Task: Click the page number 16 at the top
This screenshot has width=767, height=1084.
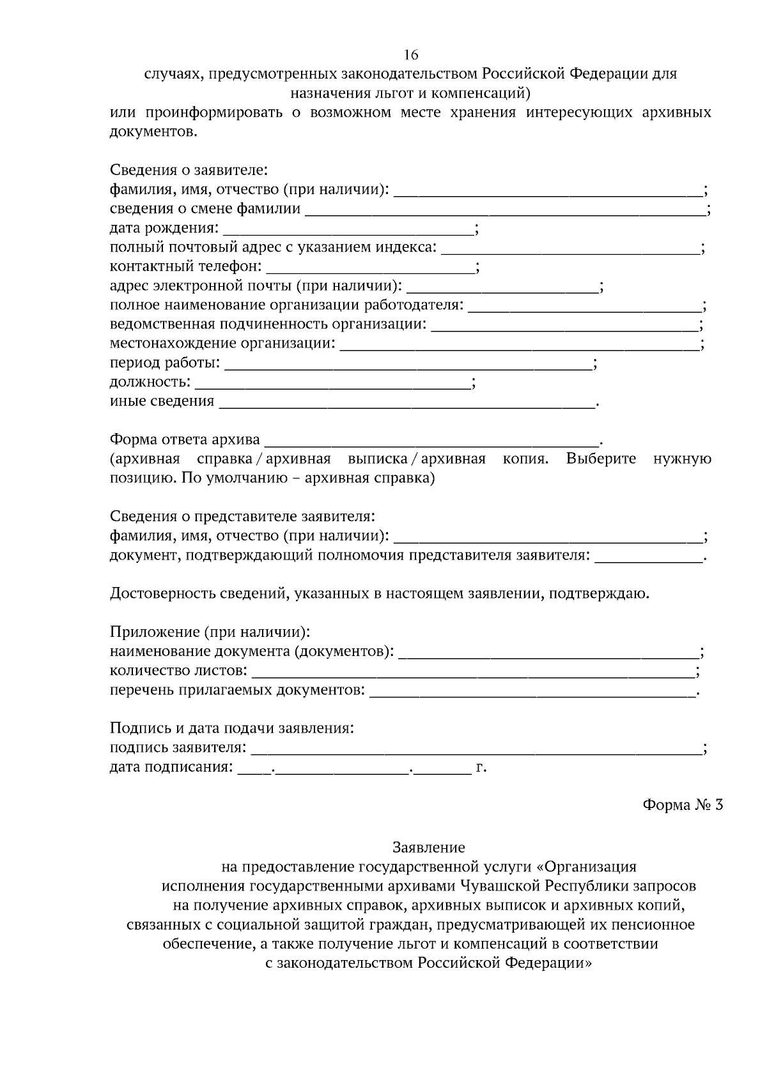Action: tap(410, 54)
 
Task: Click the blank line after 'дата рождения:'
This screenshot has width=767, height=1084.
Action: tap(348, 229)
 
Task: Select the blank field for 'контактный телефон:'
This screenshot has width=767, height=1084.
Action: tap(369, 268)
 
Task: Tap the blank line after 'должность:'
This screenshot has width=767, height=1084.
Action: tap(332, 383)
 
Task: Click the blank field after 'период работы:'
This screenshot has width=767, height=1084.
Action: tap(408, 364)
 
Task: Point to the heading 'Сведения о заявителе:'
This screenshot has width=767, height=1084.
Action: tap(189, 171)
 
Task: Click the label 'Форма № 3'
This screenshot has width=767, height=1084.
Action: tap(682, 805)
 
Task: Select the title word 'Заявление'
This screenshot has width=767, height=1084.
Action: tap(428, 848)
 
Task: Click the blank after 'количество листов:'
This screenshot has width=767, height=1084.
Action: tap(473, 671)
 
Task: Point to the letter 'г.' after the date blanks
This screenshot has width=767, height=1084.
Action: tap(481, 767)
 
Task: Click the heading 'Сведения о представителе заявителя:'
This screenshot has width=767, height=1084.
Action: tap(242, 516)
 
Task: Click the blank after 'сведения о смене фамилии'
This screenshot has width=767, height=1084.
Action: tap(505, 210)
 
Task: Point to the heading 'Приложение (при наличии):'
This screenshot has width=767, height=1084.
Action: tap(210, 632)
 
